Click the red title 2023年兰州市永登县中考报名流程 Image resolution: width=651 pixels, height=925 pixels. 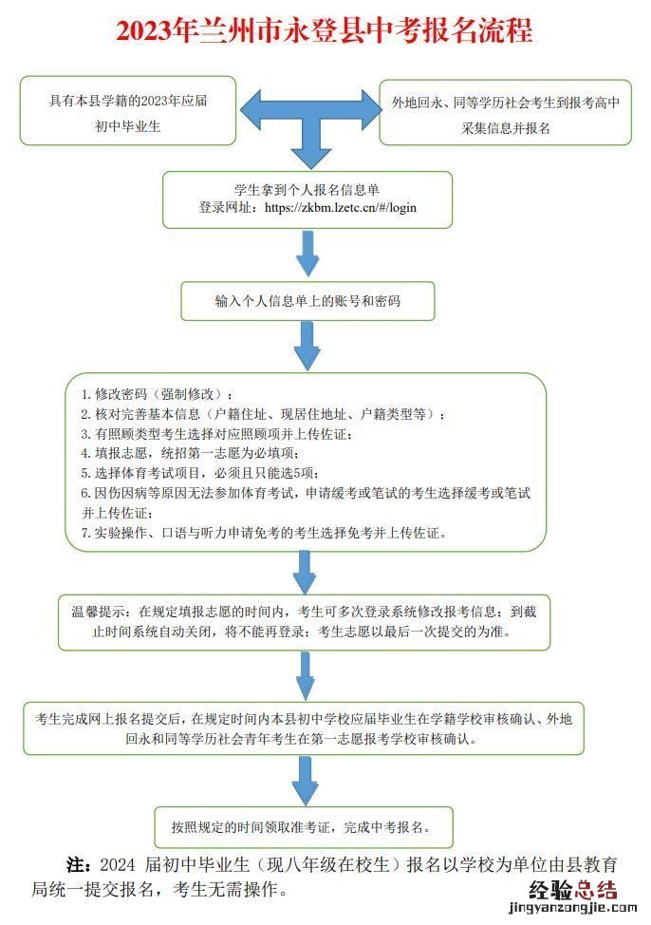pos(325,31)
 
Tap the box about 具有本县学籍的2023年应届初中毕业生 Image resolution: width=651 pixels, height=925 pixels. pos(128,112)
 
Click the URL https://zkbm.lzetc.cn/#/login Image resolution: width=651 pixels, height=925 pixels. pos(341,207)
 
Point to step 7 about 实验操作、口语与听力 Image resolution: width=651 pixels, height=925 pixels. pos(261,534)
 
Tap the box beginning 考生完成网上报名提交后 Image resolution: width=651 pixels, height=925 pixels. pos(303,727)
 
